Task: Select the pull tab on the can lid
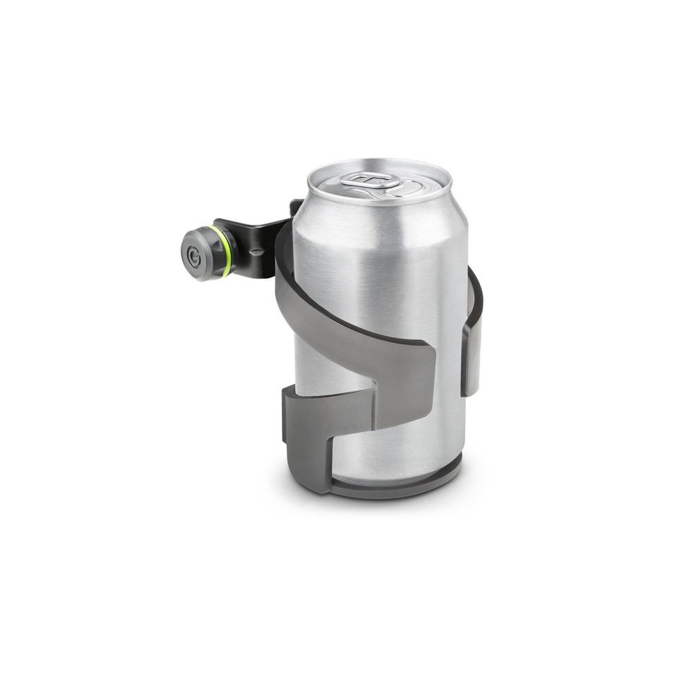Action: (370, 180)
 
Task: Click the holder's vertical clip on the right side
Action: (471, 352)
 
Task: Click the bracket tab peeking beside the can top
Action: (296, 207)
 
